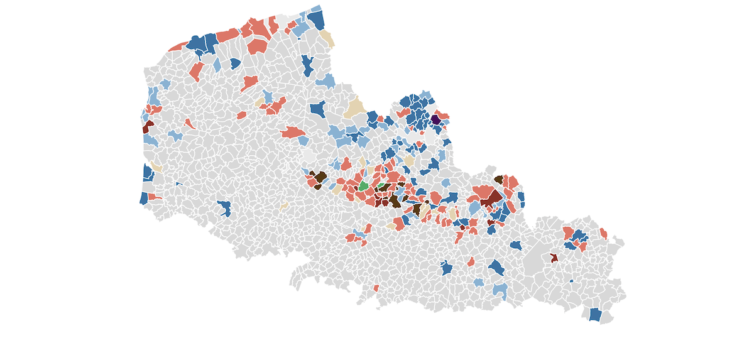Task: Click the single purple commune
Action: pyautogui.click(x=435, y=119)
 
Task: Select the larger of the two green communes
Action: pyautogui.click(x=363, y=187)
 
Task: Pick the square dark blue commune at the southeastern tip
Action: pyautogui.click(x=595, y=314)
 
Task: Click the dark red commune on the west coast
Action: pyautogui.click(x=148, y=126)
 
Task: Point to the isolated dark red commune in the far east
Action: pyautogui.click(x=554, y=258)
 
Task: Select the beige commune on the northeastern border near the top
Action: pyautogui.click(x=327, y=39)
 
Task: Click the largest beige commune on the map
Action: pyautogui.click(x=356, y=108)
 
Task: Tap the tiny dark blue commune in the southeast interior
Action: pyautogui.click(x=571, y=281)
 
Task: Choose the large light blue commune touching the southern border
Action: pyautogui.click(x=500, y=290)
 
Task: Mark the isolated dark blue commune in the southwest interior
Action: pyautogui.click(x=224, y=208)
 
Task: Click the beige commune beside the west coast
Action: pyautogui.click(x=156, y=167)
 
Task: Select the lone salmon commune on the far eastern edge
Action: pyautogui.click(x=603, y=234)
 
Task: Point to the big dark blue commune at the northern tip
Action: pyautogui.click(x=317, y=20)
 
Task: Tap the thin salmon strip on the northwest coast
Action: pyautogui.click(x=178, y=46)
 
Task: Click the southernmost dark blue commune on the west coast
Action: pyautogui.click(x=143, y=198)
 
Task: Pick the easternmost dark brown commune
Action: pyautogui.click(x=498, y=180)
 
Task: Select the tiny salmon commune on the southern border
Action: pyautogui.click(x=376, y=288)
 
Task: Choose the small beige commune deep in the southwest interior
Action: pyautogui.click(x=284, y=205)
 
